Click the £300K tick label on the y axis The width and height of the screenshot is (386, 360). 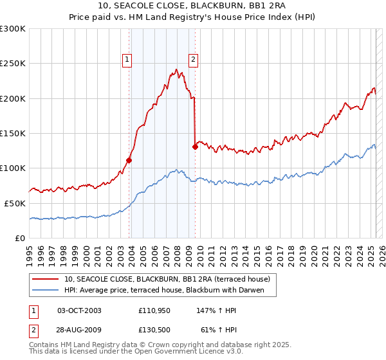13,29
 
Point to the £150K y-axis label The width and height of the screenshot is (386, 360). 13,133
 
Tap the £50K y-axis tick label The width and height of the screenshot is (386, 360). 15,203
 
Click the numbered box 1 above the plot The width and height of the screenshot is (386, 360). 127,60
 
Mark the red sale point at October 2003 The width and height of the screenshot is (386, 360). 129,161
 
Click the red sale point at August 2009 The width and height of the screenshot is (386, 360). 195,147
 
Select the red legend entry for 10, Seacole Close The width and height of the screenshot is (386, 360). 170,279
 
